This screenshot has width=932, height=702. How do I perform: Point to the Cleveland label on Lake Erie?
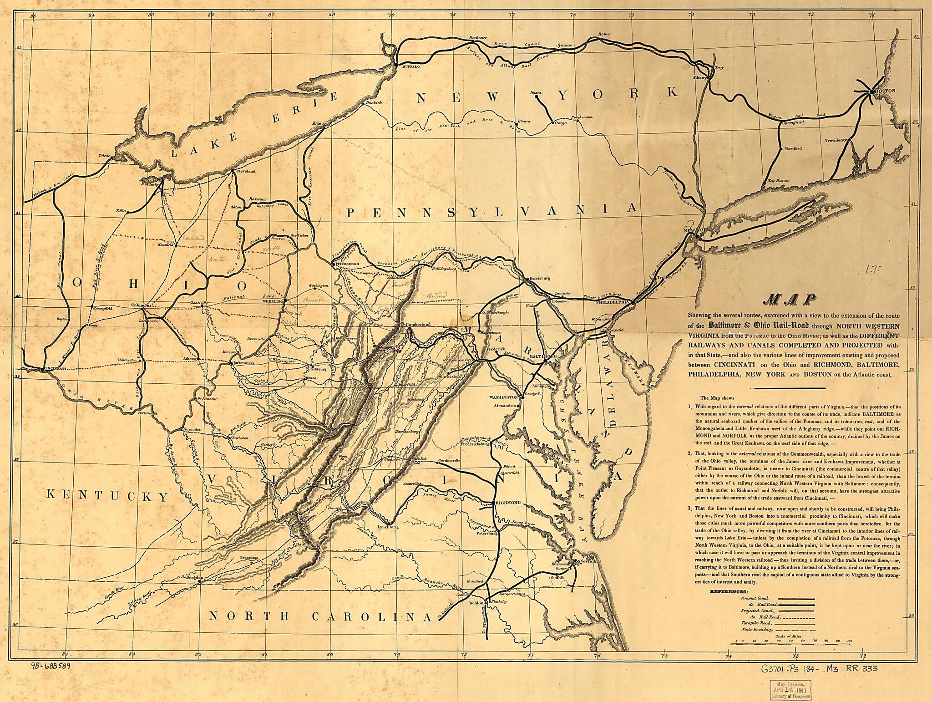pos(246,172)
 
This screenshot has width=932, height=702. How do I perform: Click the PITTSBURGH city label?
pos(348,264)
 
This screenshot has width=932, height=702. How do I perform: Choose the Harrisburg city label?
pos(540,278)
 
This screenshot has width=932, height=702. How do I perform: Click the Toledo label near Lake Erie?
pos(105,156)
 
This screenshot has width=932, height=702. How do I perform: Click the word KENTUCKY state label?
pos(108,495)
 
